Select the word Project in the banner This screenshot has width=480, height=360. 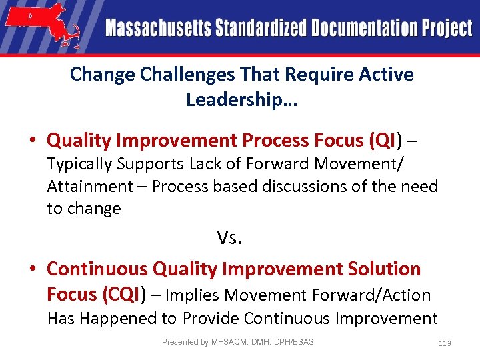pyautogui.click(x=447, y=29)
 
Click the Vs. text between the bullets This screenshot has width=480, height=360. pyautogui.click(x=229, y=237)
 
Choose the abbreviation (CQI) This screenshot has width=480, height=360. pyautogui.click(x=121, y=294)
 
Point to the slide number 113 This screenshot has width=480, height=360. pyautogui.click(x=445, y=343)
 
